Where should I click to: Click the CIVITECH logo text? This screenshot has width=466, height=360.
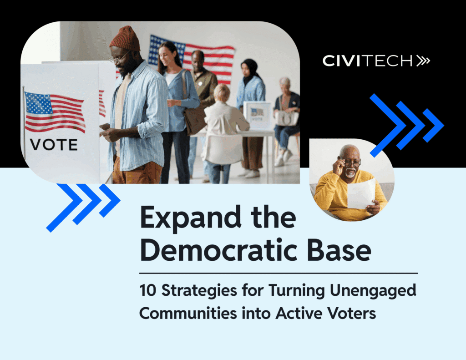[x=368, y=61]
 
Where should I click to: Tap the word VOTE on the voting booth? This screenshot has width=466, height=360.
[x=54, y=145]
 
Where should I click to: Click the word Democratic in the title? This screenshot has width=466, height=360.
[x=219, y=250]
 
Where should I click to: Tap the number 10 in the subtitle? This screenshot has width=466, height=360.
[x=148, y=290]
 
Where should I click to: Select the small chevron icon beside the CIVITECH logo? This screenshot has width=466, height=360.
[x=423, y=61]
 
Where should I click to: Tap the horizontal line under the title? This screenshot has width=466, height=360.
[x=279, y=273]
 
